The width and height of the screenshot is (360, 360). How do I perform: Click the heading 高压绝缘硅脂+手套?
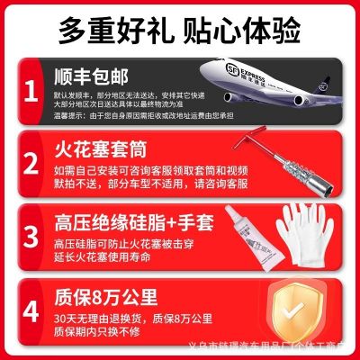point(135,217)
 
